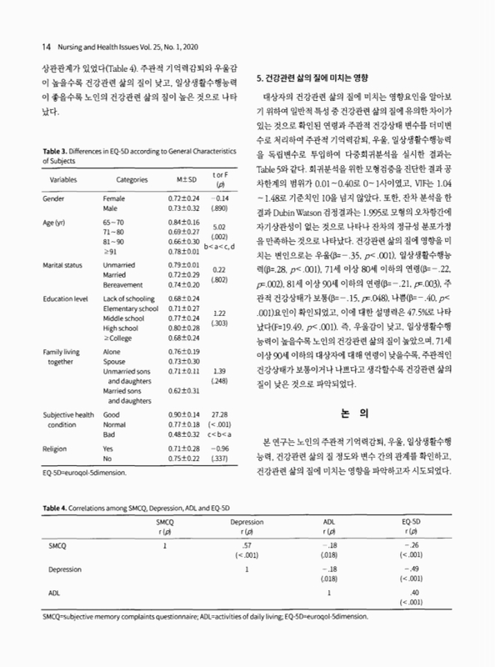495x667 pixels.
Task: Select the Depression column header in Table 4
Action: tap(247, 521)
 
